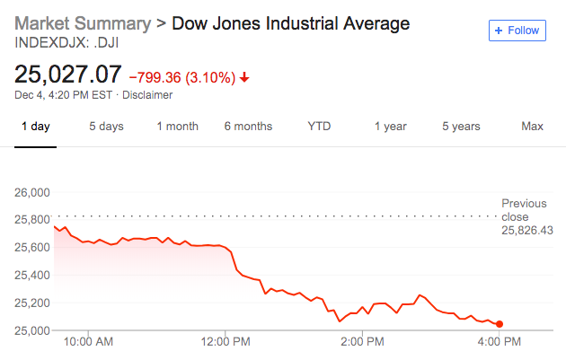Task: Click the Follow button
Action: [x=517, y=31]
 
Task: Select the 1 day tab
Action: [x=36, y=127]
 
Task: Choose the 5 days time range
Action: [x=106, y=127]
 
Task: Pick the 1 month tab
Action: [x=177, y=127]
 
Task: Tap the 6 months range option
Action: [x=248, y=127]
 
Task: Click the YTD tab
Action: [x=319, y=127]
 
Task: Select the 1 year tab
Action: [x=390, y=127]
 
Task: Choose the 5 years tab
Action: [x=461, y=127]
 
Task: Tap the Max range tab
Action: [x=532, y=127]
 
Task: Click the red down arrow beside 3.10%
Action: [x=244, y=77]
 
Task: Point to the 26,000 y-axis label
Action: [x=31, y=192]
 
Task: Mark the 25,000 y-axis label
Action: [x=31, y=331]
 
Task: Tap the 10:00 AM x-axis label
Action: [x=89, y=343]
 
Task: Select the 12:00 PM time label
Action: [x=226, y=343]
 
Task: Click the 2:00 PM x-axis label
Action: [x=363, y=343]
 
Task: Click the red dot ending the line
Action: [x=500, y=324]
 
